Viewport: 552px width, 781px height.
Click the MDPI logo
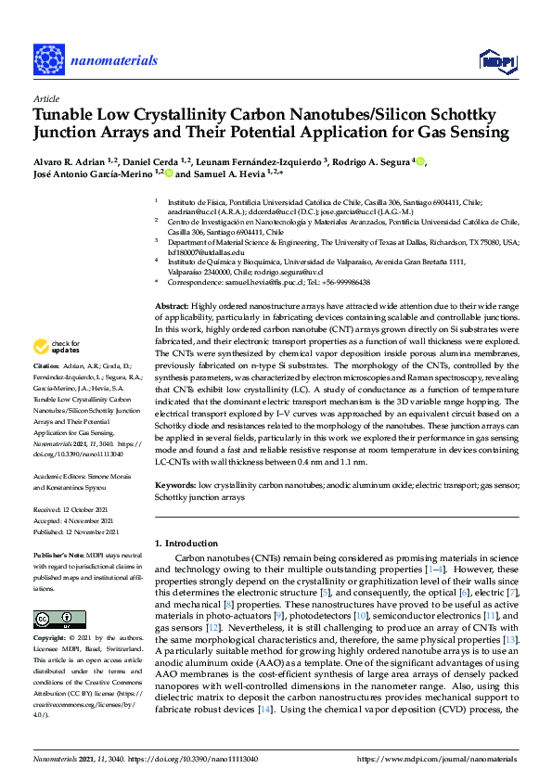494,61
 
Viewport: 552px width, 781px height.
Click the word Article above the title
46,97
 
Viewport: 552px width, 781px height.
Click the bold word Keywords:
176,485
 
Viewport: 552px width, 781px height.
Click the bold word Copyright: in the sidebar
52,638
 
